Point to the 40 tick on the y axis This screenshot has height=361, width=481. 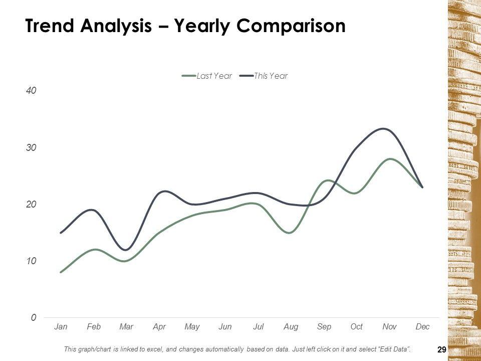point(32,91)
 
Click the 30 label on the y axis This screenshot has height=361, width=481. point(32,148)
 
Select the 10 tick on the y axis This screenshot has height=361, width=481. point(32,261)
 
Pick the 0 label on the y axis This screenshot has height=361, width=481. point(33,318)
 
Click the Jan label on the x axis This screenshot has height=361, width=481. point(61,327)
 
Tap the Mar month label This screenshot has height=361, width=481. point(126,327)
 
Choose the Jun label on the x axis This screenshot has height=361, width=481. point(225,327)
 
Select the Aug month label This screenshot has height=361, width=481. point(291,327)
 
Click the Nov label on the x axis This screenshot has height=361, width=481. point(389,327)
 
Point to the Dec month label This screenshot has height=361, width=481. point(422,327)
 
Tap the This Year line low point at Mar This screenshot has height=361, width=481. point(126,250)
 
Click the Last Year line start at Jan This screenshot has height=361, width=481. point(61,272)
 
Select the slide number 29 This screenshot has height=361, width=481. point(441,350)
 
